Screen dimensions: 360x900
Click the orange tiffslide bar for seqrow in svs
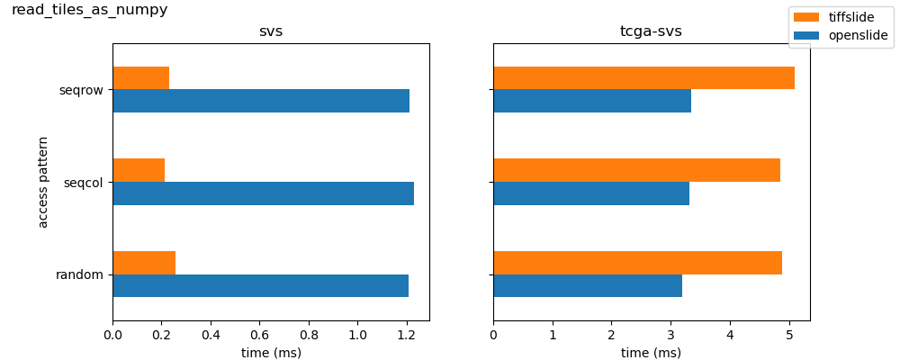140,78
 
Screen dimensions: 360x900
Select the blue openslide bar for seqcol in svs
263,193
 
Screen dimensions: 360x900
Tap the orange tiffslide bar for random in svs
144,263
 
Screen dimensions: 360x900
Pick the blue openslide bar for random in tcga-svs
588,285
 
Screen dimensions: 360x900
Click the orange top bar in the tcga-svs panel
643,78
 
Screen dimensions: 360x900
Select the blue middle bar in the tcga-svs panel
591,193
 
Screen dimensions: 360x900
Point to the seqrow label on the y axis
81,90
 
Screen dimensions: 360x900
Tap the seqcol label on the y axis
84,183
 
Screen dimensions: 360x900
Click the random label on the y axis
80,274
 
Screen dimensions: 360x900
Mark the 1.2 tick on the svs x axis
407,335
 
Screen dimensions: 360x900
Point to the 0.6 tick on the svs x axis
259,335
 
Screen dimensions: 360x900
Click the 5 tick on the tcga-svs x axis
789,335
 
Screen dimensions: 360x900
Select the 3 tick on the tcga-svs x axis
670,335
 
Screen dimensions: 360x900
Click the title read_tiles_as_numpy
89,10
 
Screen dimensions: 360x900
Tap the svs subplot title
271,31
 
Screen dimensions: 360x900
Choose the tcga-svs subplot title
651,31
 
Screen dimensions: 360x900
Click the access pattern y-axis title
43,182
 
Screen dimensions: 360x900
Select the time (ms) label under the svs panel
271,353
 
